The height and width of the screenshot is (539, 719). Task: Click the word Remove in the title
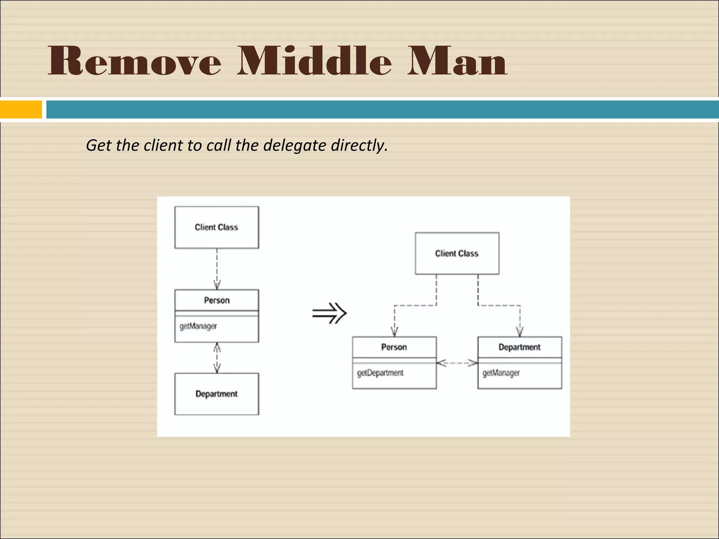[x=134, y=61]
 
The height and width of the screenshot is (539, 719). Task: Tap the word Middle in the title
[x=314, y=61]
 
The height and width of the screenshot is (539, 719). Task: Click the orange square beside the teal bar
[x=21, y=109]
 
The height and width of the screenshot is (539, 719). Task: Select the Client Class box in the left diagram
[x=217, y=227]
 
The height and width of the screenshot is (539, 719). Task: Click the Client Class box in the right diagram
[x=457, y=253]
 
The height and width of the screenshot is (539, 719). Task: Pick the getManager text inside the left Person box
[x=198, y=326]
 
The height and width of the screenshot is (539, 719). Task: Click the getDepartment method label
[x=380, y=373]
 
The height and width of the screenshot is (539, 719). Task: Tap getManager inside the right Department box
[x=501, y=373]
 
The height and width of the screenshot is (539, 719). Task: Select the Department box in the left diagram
[x=217, y=394]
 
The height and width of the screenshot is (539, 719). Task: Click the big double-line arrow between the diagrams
[x=329, y=313]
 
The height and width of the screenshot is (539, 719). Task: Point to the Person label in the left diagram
[x=217, y=300]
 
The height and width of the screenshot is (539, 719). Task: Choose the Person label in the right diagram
[x=394, y=347]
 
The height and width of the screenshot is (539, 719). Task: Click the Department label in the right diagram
[x=519, y=347]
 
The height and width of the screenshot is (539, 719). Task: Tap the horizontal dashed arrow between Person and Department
[x=457, y=363]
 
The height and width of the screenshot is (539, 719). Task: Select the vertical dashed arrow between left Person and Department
[x=217, y=358]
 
